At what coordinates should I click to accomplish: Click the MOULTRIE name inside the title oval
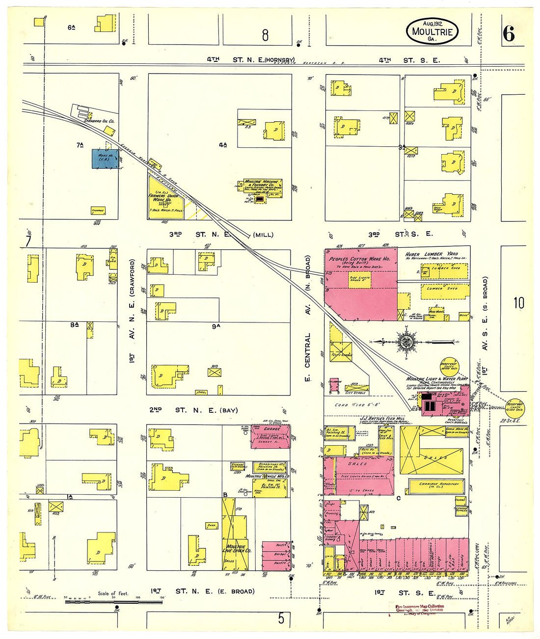(432, 32)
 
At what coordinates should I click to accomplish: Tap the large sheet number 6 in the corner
(508, 34)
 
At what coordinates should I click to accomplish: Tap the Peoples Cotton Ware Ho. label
(359, 259)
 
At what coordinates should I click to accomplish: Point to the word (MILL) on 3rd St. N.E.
(263, 235)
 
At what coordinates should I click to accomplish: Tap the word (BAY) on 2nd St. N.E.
(229, 410)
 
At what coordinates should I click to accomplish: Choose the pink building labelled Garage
(271, 436)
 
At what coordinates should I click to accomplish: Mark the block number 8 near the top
(265, 35)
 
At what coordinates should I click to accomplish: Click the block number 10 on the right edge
(519, 303)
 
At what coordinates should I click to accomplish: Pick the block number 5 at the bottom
(281, 618)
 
